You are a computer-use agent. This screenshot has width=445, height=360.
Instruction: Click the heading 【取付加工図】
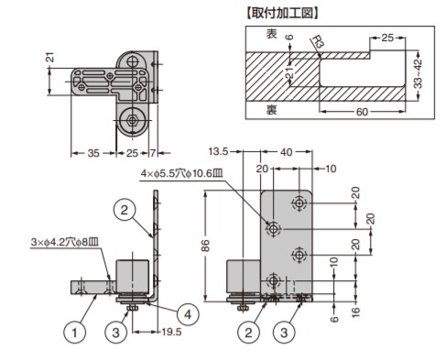[x=282, y=14]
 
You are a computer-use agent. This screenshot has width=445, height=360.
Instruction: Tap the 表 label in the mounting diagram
[x=272, y=34]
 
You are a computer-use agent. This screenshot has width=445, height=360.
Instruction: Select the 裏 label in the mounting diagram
[x=272, y=110]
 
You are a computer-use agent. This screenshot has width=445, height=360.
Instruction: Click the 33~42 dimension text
[x=418, y=74]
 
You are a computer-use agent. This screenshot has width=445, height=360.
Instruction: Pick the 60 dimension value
[x=362, y=112]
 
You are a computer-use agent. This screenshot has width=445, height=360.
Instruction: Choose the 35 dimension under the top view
[x=93, y=153]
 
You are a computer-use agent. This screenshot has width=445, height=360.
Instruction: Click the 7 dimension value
[x=153, y=153]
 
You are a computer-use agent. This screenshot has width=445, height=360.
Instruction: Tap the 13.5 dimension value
[x=218, y=151]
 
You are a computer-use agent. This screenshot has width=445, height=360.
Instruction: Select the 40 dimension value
[x=286, y=152]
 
